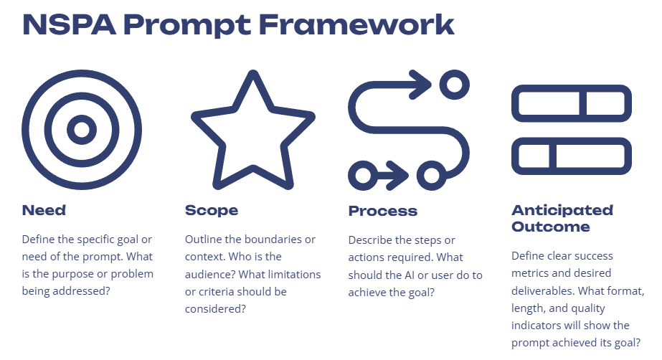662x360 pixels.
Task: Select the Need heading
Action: click(x=44, y=211)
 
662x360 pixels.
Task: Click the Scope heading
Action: click(x=212, y=211)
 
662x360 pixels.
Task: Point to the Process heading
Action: click(x=382, y=212)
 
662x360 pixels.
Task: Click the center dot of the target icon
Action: click(x=82, y=130)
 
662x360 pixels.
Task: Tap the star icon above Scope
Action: click(x=252, y=133)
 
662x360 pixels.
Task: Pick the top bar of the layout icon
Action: click(x=571, y=103)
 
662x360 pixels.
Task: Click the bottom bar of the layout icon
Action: click(x=571, y=156)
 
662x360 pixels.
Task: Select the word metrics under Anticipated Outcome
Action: click(x=532, y=273)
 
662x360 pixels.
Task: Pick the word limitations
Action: click(x=295, y=274)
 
